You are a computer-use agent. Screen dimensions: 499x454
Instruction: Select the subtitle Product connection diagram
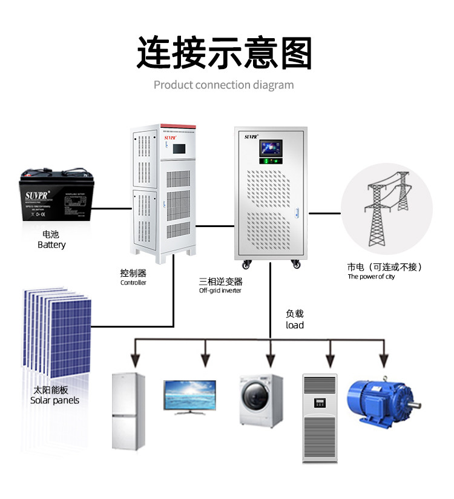pos(223,85)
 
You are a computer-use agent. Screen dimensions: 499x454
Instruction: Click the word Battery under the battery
pos(51,245)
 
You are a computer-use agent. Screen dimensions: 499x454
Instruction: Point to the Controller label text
pos(133,282)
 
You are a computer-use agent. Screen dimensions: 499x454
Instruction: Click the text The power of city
pos(371,277)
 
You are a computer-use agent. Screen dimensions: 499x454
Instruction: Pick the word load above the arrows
pos(295,325)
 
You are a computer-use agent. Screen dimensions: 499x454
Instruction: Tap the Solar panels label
pos(54,400)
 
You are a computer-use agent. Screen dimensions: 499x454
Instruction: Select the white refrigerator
pos(129,411)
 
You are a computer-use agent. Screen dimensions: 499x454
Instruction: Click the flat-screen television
pos(189,397)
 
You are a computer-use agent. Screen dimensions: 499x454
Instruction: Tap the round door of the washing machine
pos(255,397)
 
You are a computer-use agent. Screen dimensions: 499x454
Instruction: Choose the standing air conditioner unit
pos(318,418)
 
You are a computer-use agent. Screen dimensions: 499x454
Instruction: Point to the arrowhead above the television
pos(205,361)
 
